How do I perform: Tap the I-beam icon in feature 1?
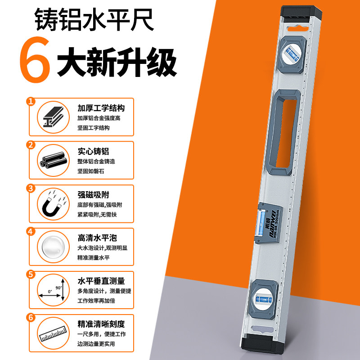(x=52, y=117)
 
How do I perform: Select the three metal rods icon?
(x=52, y=160)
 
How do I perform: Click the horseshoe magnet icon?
(x=52, y=203)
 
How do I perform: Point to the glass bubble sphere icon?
(x=52, y=246)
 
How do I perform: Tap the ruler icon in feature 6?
(x=52, y=333)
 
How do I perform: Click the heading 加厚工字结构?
(x=101, y=108)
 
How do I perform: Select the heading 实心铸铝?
(x=93, y=152)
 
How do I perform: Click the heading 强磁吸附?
(x=93, y=195)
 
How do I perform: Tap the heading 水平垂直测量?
(x=101, y=281)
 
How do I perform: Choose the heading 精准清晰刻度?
(x=101, y=324)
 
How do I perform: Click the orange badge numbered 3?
(x=31, y=188)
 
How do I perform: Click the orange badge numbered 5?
(x=31, y=274)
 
